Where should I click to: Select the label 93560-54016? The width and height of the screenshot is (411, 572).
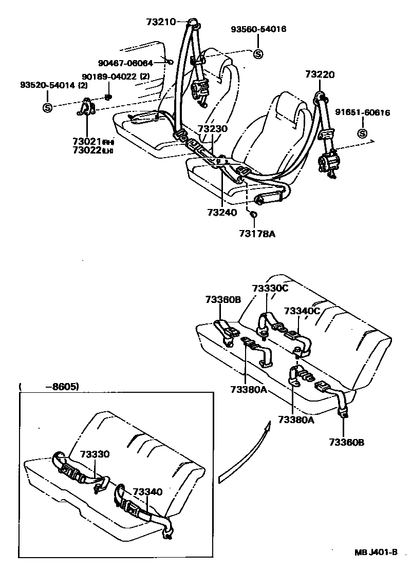click(x=258, y=29)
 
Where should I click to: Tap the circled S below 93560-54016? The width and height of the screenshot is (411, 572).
click(x=258, y=53)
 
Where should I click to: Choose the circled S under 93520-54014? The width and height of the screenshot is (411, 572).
click(x=47, y=107)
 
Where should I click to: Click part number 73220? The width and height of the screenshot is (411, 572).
click(x=320, y=75)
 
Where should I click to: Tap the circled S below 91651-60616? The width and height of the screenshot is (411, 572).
click(x=362, y=134)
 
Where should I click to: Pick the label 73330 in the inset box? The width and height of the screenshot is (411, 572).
click(x=95, y=454)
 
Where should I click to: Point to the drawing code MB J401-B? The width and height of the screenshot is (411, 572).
click(x=376, y=552)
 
